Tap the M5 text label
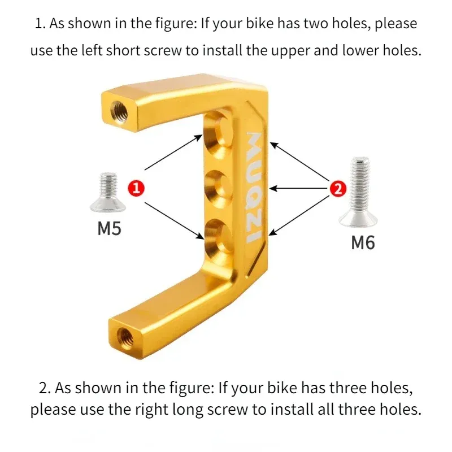[x=110, y=229]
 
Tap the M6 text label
[x=363, y=243]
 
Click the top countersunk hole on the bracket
[x=218, y=136]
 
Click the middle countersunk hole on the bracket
[x=218, y=186]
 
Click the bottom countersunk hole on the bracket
[x=218, y=234]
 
